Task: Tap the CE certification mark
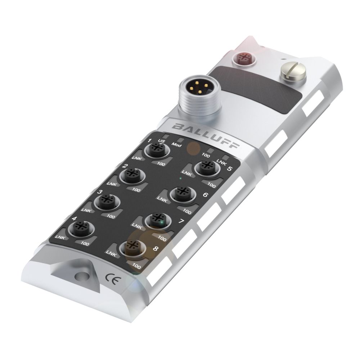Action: pos(111,277)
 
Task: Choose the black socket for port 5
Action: pos(207,167)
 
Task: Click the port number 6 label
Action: pos(205,195)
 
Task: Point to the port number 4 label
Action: pos(74,218)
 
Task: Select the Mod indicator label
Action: pos(176,145)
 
